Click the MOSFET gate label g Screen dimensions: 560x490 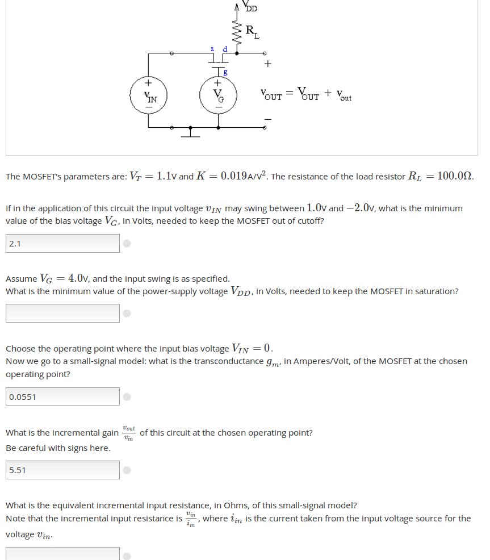click(x=225, y=72)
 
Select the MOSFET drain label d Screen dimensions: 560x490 click(x=225, y=49)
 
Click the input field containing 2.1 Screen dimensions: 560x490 click(x=62, y=244)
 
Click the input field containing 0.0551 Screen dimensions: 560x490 click(x=62, y=396)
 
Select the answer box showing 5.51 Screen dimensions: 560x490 click(x=62, y=470)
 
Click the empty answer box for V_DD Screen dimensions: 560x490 click(x=62, y=313)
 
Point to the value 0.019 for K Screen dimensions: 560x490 click(x=233, y=175)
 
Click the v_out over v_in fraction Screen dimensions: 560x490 click(x=129, y=432)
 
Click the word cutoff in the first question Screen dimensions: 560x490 click(x=309, y=221)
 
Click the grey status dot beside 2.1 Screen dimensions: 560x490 click(x=127, y=244)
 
